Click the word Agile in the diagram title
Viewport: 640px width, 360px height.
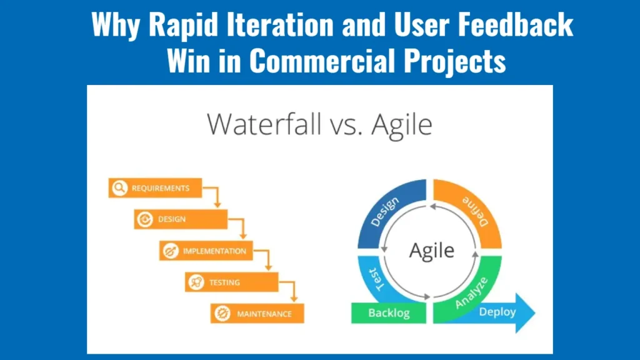coord(401,124)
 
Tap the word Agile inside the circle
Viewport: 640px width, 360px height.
coord(431,250)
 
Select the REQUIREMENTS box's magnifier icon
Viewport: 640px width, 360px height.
coord(119,187)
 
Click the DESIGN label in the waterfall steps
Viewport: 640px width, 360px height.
coord(172,219)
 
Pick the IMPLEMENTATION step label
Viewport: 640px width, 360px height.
coord(214,251)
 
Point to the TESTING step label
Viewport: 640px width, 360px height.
coord(224,282)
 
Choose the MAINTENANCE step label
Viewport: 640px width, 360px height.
coord(264,314)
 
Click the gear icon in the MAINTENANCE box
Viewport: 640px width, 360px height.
coord(221,314)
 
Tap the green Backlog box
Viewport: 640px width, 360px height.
coord(389,312)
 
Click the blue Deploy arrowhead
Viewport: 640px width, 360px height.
coord(526,311)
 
